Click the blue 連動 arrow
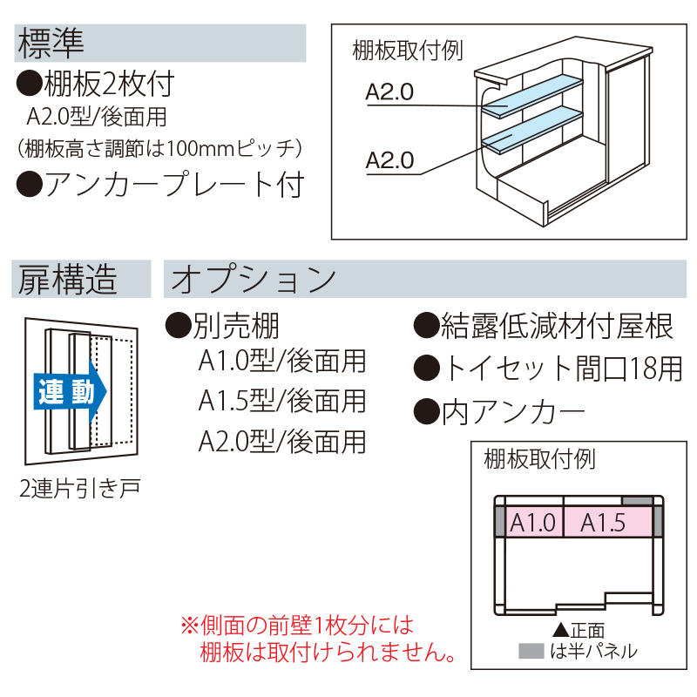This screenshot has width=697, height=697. tap(70, 393)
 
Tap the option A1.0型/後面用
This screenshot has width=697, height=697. tap(281, 360)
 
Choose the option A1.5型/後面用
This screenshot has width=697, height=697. tap(281, 401)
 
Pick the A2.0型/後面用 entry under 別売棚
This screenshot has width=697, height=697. tap(281, 441)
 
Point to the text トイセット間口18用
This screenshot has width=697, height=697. tap(561, 368)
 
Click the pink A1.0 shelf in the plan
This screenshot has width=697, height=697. tap(531, 523)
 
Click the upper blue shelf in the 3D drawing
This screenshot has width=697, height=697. tap(532, 95)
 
